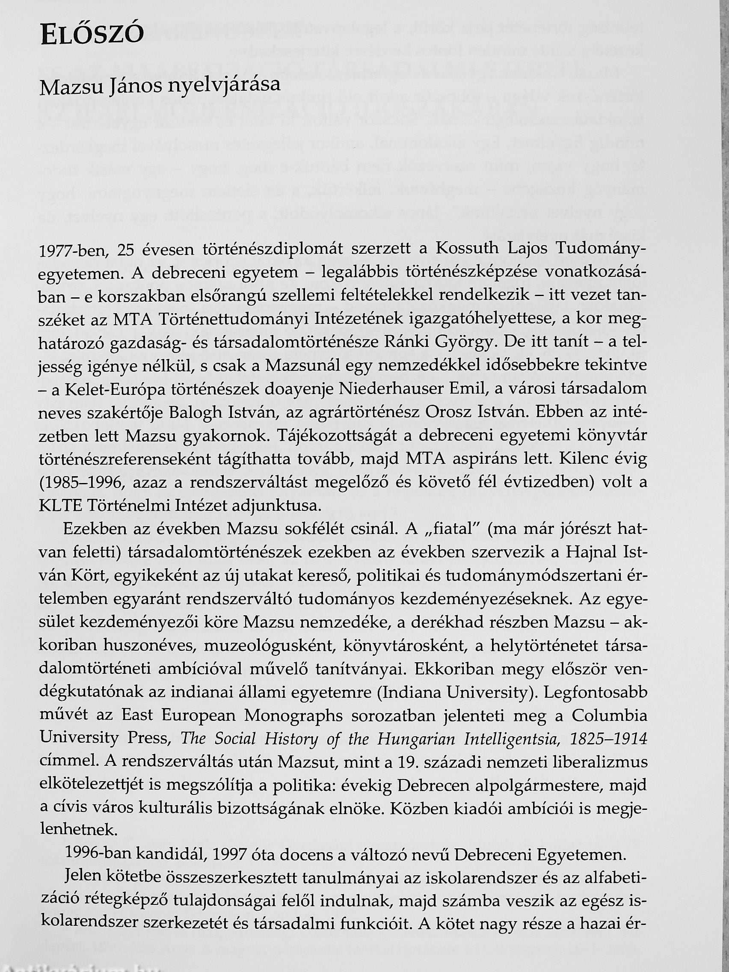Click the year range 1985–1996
click(82, 483)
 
